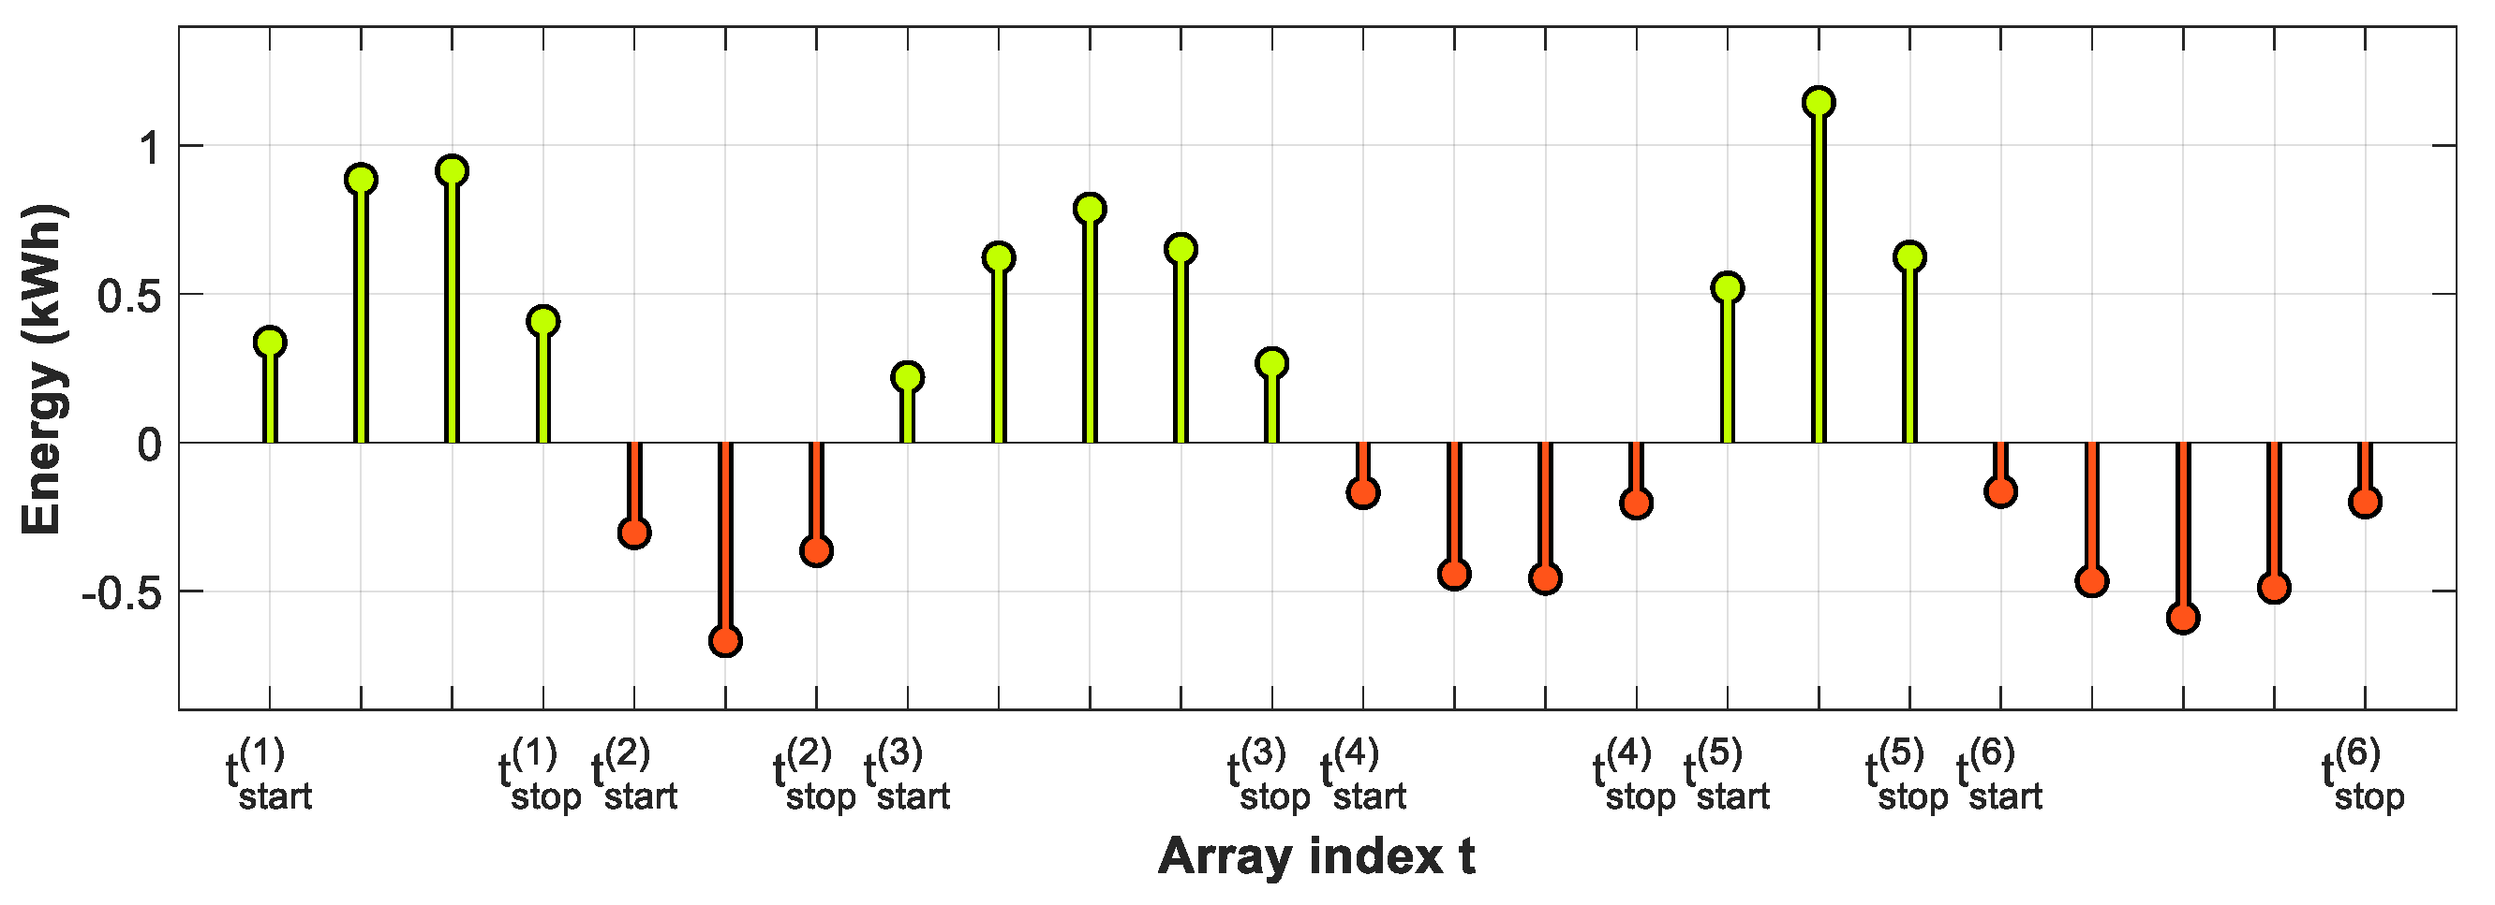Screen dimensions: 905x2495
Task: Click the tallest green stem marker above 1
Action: click(1818, 103)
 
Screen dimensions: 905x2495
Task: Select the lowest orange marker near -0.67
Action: click(725, 641)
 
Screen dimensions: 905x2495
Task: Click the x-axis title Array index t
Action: click(1316, 856)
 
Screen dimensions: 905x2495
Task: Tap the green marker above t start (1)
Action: click(270, 342)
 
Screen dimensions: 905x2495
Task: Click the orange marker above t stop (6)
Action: click(2364, 502)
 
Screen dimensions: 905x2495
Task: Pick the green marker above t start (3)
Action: click(908, 376)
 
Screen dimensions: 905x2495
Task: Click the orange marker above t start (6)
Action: click(2000, 490)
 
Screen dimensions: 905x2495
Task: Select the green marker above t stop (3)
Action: click(1271, 363)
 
